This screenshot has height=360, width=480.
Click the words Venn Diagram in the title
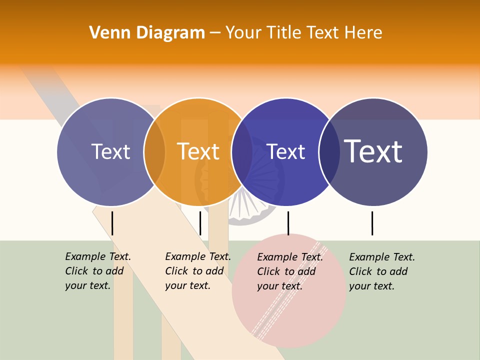coord(147,33)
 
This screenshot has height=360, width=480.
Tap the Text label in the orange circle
coord(198,151)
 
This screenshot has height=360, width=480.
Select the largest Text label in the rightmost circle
coord(373,151)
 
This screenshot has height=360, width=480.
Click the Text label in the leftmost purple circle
coord(110,151)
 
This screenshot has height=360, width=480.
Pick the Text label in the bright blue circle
coord(286,151)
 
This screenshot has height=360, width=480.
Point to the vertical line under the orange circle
coord(200,223)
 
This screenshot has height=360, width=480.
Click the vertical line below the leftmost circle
coord(112,223)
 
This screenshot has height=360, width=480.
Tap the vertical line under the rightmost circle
coord(372,223)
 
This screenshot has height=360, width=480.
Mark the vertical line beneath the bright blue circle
coord(288,223)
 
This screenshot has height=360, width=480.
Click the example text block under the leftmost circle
coord(97,271)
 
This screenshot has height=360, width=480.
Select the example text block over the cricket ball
coord(289,271)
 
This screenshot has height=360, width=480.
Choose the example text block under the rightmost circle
coord(381,271)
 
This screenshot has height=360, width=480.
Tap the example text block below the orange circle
coord(197,271)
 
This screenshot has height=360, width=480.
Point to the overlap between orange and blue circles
coord(242,151)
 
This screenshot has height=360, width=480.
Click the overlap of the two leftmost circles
coord(154,151)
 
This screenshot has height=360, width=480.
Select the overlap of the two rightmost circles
coord(329,151)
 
